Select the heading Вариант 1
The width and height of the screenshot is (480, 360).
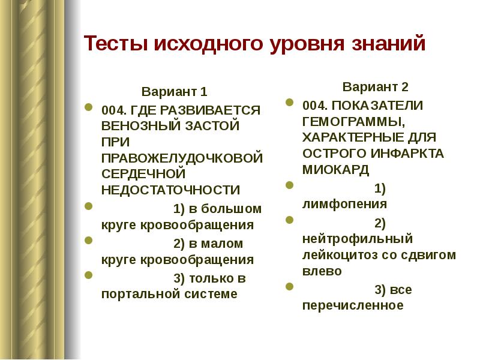coord(175,92)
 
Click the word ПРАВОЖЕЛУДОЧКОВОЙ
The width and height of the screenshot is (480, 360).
coord(182,158)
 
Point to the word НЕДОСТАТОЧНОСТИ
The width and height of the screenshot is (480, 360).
coord(170,190)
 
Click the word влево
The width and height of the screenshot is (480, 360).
coord(322,271)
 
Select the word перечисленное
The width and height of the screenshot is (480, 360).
coord(353,305)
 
